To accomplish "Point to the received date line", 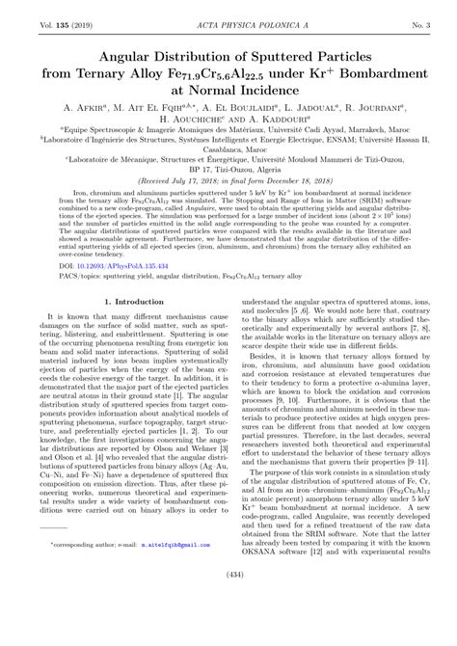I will click(228, 205).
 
